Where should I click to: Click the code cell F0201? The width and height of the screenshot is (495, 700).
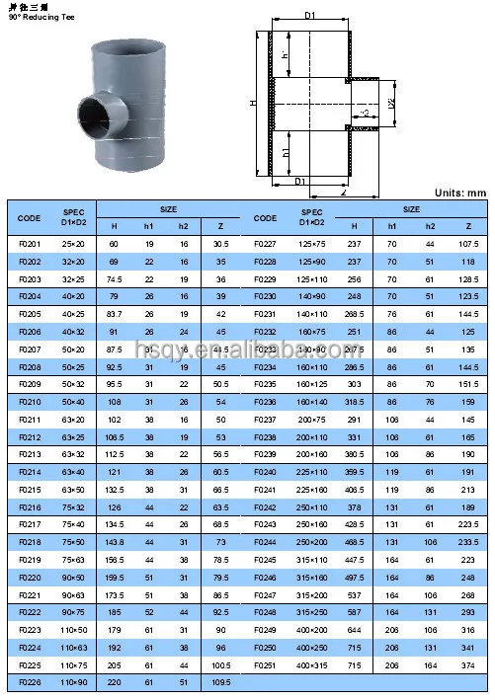pyautogui.click(x=30, y=243)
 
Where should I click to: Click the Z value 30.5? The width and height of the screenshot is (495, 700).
pyautogui.click(x=220, y=243)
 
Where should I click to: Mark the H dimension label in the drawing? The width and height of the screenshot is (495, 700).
pyautogui.click(x=253, y=103)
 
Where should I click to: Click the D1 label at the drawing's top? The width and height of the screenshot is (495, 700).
pyautogui.click(x=308, y=16)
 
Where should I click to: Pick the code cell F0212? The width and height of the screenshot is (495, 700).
pyautogui.click(x=30, y=435)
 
